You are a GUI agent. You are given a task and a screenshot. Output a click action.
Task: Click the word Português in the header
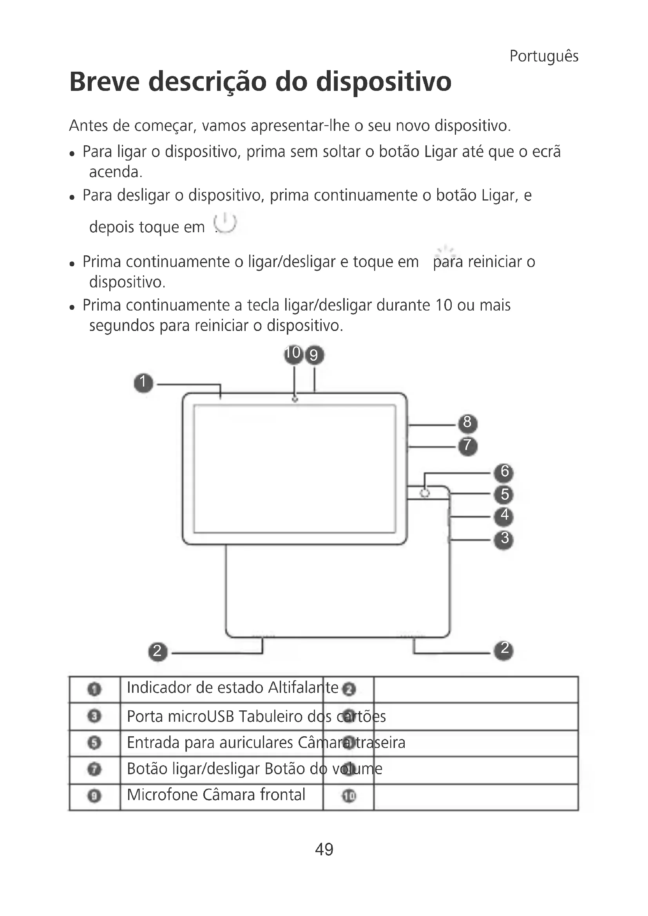coord(543,56)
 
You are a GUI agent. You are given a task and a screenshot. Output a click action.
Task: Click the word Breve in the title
coord(105,82)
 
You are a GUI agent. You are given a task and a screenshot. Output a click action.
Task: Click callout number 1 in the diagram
coord(143,383)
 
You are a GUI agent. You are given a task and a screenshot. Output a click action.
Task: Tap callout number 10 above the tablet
coord(294,354)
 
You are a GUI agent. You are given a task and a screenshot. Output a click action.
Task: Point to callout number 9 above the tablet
coord(315,355)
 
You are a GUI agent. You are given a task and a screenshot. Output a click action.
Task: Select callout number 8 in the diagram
coord(467,423)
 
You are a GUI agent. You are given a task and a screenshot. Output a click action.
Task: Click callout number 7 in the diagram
coord(467,446)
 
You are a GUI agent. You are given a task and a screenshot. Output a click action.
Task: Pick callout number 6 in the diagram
coord(504,472)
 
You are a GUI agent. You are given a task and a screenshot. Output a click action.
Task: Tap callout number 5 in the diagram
coord(504,495)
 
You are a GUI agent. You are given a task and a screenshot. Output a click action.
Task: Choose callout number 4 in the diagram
coord(504,516)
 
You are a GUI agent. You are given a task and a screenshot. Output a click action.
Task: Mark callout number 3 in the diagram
coord(504,539)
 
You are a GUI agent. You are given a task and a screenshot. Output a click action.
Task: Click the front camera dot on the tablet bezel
coord(295,399)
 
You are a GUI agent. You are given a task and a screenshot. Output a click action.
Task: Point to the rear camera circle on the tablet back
coord(425,493)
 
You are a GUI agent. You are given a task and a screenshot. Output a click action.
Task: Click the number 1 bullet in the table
coord(94,689)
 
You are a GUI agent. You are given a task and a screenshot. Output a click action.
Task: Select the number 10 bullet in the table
coord(348,796)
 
